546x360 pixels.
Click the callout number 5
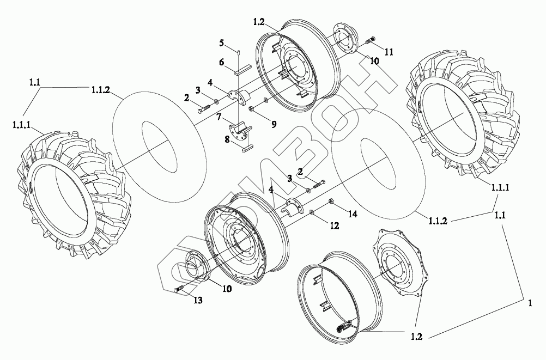click(222, 42)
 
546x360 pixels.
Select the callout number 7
click(219, 117)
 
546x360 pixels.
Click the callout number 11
click(389, 52)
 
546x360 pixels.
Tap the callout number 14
click(353, 215)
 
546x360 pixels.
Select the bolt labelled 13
click(180, 289)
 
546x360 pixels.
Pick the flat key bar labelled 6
click(240, 70)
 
